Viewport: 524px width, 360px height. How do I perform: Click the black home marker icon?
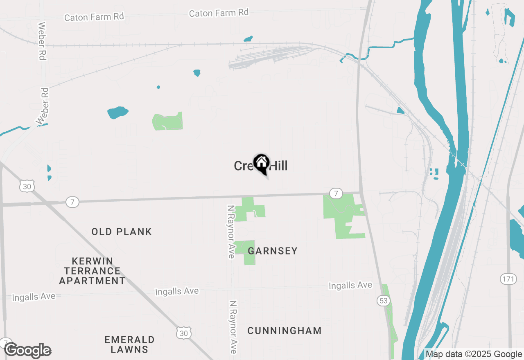coord(261,164)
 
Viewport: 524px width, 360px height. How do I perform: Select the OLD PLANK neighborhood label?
coord(122,232)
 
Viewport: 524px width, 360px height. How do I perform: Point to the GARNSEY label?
coord(273,251)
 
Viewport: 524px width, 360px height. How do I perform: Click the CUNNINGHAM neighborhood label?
coord(285,331)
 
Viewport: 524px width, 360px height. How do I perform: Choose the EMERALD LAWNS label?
coord(129,344)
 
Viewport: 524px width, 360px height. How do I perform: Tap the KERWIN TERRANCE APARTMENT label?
coord(92,271)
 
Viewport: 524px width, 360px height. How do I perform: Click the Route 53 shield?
coord(383,301)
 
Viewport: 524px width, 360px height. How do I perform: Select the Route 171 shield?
coord(508,279)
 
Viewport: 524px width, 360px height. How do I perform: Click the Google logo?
coord(27,351)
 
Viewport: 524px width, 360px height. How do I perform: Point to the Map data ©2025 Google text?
coord(474,354)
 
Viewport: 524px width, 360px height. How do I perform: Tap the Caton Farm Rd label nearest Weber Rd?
coord(94,17)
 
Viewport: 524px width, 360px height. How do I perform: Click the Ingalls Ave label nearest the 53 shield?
coord(350,285)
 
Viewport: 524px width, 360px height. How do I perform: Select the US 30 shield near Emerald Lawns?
coord(184,333)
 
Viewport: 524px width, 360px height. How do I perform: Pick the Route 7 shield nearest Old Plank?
coord(72,202)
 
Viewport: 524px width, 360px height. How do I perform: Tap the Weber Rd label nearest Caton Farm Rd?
coord(41,41)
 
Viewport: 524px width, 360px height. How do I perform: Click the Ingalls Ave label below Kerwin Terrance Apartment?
coord(34,297)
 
